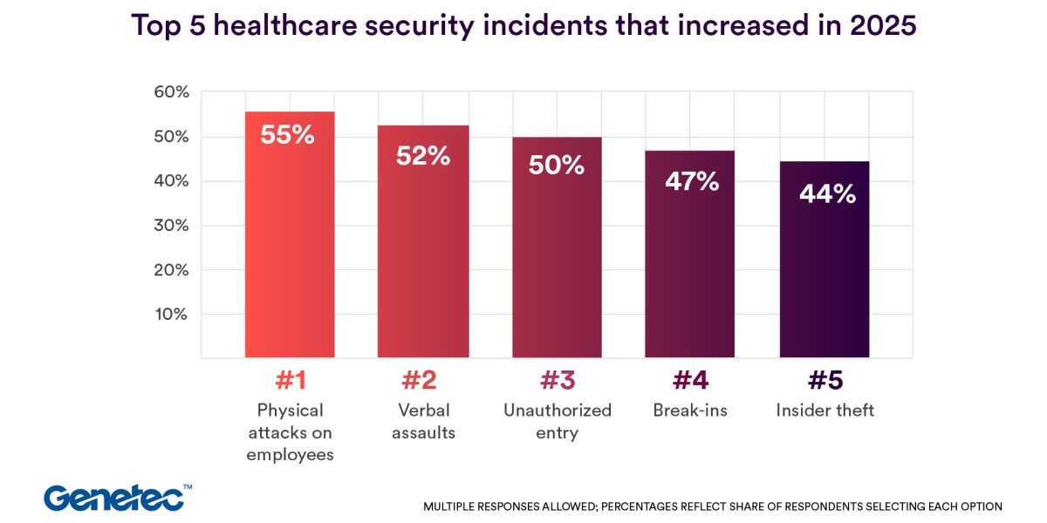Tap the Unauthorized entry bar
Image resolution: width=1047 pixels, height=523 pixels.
click(557, 261)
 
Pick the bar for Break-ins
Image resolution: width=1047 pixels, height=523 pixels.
click(689, 270)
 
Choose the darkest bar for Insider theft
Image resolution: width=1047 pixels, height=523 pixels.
click(825, 279)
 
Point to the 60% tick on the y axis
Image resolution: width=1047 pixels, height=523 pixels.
click(171, 92)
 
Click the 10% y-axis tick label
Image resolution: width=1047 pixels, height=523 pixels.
click(171, 314)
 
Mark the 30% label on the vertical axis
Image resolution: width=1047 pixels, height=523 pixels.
click(171, 225)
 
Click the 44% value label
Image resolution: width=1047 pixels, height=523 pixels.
click(827, 194)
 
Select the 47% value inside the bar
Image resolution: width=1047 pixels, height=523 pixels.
click(690, 181)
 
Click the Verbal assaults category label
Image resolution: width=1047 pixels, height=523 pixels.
click(423, 421)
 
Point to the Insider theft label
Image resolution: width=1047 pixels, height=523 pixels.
click(825, 411)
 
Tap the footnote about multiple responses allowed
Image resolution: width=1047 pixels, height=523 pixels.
click(713, 506)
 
